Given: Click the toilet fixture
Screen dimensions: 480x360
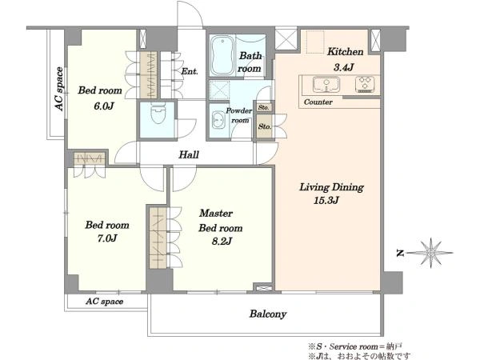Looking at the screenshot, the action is coord(158,114).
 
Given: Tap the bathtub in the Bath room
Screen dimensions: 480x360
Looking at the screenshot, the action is coord(222,55).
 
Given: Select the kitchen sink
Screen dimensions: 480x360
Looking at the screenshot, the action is coord(326,85).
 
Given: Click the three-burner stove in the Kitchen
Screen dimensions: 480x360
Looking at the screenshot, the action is coord(365,84).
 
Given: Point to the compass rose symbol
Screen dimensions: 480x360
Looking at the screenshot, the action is coord(431,253).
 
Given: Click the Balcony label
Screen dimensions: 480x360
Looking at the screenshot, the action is coord(268,314).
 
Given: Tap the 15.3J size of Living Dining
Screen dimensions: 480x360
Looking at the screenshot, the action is coord(326,201).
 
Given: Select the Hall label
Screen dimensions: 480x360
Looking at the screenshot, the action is coord(189,154).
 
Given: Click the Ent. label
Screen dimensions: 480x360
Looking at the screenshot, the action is coord(190,71).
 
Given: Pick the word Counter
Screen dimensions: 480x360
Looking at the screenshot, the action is coord(318,102).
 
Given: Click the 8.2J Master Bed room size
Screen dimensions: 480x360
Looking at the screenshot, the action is coord(222,242).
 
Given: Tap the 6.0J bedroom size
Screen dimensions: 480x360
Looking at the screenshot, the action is coord(104,106).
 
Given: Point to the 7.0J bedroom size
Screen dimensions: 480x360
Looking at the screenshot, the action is coord(107,238).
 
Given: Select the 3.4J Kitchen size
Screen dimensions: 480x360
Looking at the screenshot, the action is coord(343,67).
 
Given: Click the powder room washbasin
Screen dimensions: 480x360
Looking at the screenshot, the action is coord(218,120).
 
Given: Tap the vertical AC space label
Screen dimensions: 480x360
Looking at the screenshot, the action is coord(59,89).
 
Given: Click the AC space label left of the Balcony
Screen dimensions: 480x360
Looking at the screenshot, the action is coord(104,302).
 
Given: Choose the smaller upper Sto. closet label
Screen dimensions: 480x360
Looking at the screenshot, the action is coord(263,107).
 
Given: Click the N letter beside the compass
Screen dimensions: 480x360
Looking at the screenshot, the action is coord(400,253).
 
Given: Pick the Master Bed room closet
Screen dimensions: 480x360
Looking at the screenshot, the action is coord(158,238).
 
